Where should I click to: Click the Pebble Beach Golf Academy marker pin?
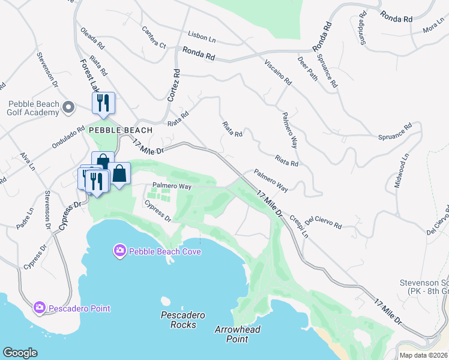click(68, 107)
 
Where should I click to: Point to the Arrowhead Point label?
click(232, 335)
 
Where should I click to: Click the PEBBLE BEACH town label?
click(121, 130)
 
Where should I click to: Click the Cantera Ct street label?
click(154, 37)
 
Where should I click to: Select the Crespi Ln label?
click(298, 227)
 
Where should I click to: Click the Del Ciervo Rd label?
click(323, 223)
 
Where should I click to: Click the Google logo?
click(20, 353)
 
